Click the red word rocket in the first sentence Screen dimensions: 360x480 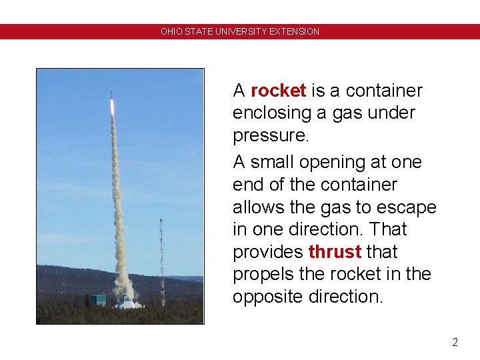(x=278, y=90)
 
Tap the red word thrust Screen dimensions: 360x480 (x=335, y=252)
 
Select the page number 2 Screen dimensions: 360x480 (x=455, y=343)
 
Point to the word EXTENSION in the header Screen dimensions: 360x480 (x=294, y=31)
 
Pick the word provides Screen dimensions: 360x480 (x=268, y=252)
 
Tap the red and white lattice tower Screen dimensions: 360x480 (x=161, y=263)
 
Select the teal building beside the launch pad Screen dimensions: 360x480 (x=99, y=299)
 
